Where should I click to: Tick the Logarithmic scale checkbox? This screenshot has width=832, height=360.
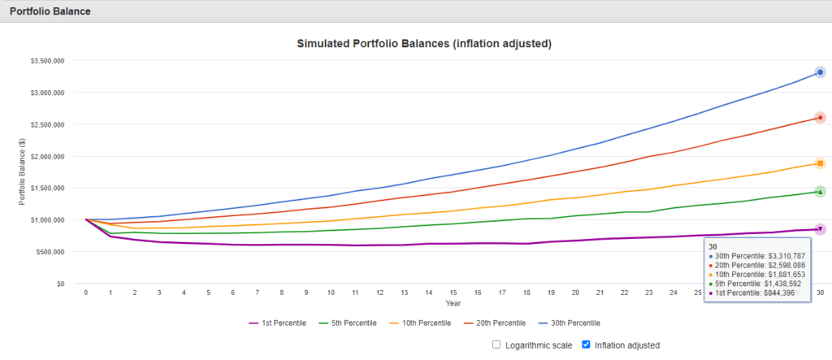[496, 345]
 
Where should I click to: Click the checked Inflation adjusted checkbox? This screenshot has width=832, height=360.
[587, 345]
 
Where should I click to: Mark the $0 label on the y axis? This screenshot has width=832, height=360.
[59, 284]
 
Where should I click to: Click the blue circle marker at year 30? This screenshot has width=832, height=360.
[821, 73]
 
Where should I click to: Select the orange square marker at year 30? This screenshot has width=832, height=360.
[821, 163]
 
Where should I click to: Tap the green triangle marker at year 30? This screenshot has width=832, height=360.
[821, 192]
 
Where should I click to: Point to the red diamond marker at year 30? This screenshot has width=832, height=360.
[821, 118]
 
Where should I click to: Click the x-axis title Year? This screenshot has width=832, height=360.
[453, 303]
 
